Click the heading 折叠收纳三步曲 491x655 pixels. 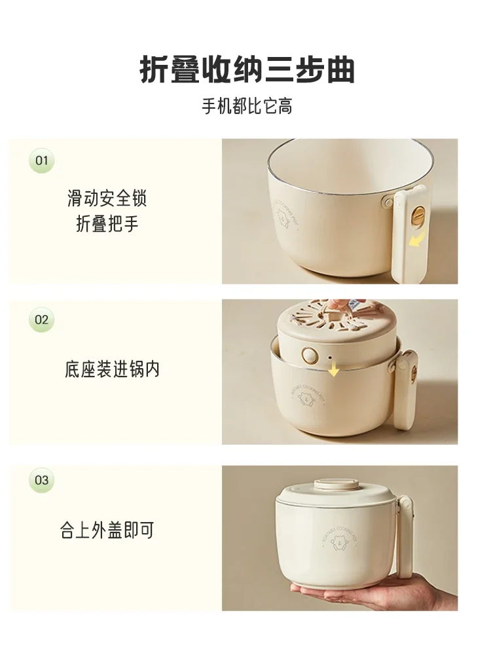(x=247, y=70)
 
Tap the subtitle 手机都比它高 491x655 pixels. (x=247, y=107)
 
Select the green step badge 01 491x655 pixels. (x=42, y=160)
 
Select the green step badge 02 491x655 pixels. (x=42, y=320)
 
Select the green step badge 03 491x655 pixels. (x=42, y=480)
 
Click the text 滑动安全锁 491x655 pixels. (x=107, y=198)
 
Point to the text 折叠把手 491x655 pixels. (x=107, y=224)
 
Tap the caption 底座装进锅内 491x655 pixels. (x=112, y=369)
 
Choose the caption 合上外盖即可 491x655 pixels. (x=107, y=531)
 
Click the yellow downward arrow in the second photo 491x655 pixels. (x=334, y=370)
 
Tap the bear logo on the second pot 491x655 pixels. (x=308, y=398)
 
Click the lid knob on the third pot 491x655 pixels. (x=334, y=485)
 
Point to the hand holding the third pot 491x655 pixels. (x=367, y=593)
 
